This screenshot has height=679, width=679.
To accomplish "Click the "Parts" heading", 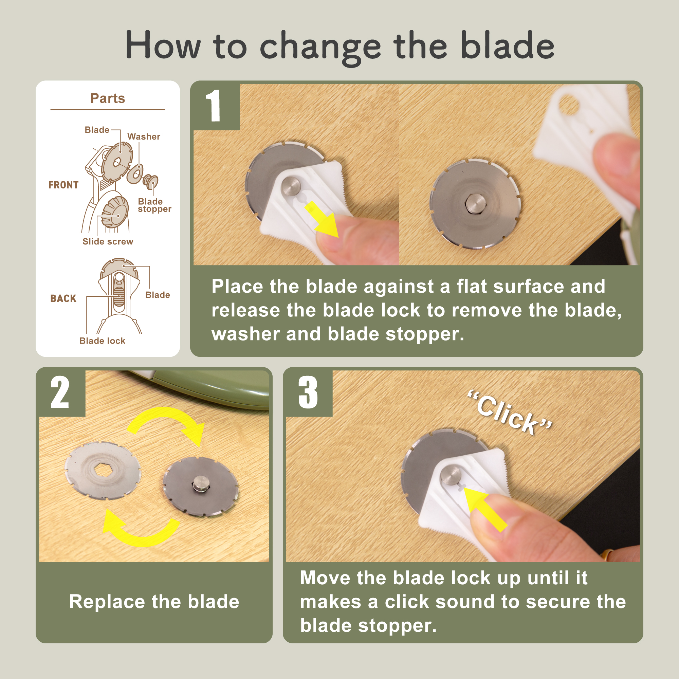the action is [x=108, y=98].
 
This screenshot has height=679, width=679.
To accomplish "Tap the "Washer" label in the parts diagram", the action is [x=144, y=137].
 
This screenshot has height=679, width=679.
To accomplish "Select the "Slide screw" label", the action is [x=108, y=241].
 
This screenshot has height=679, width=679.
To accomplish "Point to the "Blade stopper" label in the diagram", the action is [x=154, y=205].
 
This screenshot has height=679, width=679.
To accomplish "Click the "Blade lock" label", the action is [x=102, y=341].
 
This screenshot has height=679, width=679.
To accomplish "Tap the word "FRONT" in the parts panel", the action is [x=63, y=185].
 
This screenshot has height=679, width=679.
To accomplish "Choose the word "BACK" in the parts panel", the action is [x=63, y=298].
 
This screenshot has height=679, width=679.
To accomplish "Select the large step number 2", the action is [x=60, y=392].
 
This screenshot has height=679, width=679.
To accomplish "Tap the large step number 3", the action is [x=308, y=392].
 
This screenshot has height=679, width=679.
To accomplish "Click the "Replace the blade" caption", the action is [x=154, y=601].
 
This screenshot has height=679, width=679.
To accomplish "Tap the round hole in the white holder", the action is [x=569, y=105].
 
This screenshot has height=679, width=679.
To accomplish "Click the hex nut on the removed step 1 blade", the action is [x=476, y=203].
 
